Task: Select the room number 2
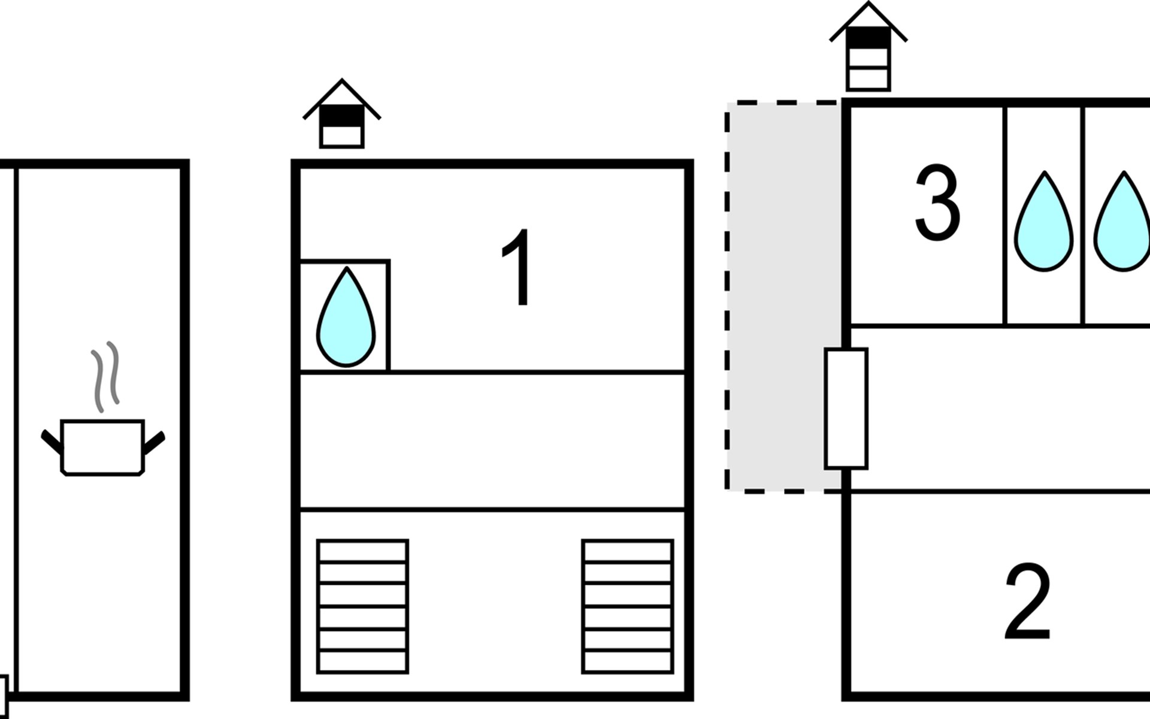tap(1028, 601)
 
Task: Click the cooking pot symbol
tap(102, 447)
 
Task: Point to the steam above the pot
tap(105, 376)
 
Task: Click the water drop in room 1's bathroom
tap(346, 316)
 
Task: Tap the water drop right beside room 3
tap(1043, 221)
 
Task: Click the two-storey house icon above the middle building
tap(341, 113)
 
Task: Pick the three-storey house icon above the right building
tap(868, 47)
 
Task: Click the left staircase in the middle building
tap(362, 606)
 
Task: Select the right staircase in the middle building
tap(628, 606)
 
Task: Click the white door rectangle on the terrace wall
tap(846, 408)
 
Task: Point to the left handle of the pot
tap(52, 442)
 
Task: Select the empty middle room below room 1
tap(492, 441)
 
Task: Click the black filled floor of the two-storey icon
tap(341, 116)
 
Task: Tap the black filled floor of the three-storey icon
tap(868, 37)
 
